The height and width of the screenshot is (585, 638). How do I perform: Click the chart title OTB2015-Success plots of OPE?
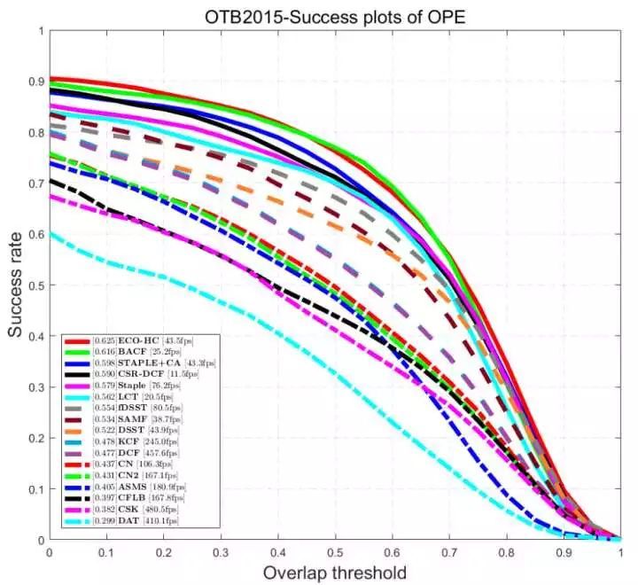click(334, 15)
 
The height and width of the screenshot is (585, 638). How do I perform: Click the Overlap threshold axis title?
click(334, 572)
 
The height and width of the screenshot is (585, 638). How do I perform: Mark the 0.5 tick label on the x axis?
click(335, 551)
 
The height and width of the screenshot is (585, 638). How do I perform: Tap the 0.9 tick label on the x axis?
click(564, 551)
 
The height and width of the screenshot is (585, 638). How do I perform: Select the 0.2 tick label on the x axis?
click(163, 551)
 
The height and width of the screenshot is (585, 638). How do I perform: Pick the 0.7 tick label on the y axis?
click(35, 183)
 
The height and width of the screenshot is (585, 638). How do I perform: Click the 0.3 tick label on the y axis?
click(35, 387)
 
